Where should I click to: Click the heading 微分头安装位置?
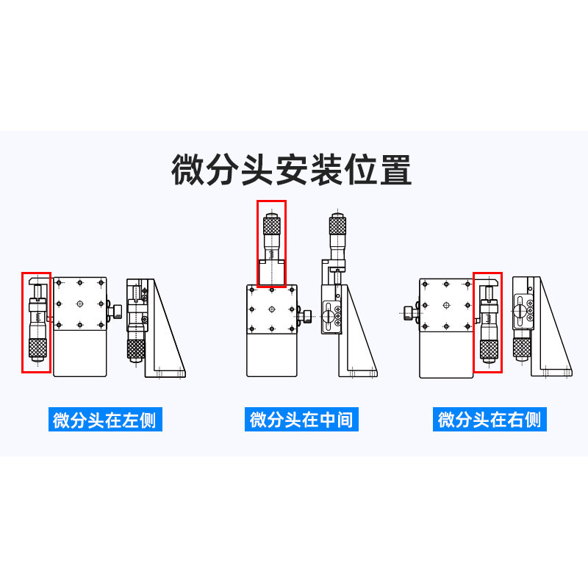click(x=292, y=170)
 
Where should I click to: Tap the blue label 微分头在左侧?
click(x=105, y=420)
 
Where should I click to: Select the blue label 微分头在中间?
click(x=301, y=420)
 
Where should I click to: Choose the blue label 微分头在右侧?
click(x=490, y=420)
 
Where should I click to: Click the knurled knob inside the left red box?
click(x=36, y=348)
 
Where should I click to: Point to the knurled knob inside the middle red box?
click(x=271, y=223)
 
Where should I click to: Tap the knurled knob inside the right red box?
click(x=487, y=350)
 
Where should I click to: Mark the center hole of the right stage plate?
click(x=445, y=304)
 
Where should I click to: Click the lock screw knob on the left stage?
click(x=115, y=309)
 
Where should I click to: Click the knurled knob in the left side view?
click(x=136, y=349)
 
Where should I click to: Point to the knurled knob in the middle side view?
click(x=337, y=224)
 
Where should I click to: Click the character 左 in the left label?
click(x=131, y=420)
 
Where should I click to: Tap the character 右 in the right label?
click(x=516, y=420)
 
